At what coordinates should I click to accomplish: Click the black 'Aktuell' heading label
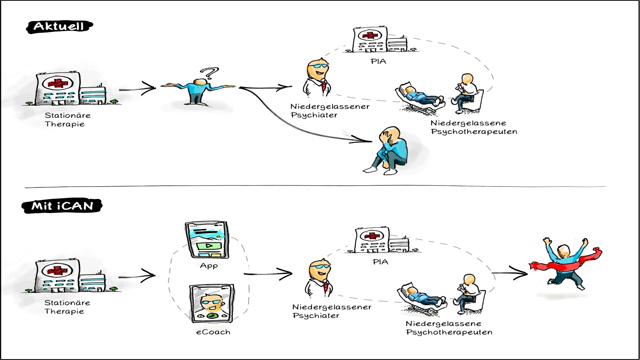(x=59, y=26)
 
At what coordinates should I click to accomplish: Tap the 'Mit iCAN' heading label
(x=62, y=206)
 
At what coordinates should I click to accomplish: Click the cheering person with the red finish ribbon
(x=565, y=263)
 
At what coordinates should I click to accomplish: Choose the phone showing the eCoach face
(x=212, y=303)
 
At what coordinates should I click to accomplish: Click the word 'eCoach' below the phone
(x=213, y=332)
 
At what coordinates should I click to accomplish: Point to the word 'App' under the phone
(x=209, y=266)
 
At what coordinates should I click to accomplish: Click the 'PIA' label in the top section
(x=378, y=61)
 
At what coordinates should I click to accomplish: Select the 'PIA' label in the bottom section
(x=380, y=262)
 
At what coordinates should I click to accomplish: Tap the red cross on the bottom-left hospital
(x=57, y=270)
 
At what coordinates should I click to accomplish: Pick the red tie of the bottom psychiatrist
(x=326, y=287)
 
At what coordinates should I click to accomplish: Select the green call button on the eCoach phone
(x=211, y=315)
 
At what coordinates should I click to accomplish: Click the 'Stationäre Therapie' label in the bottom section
(x=67, y=307)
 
